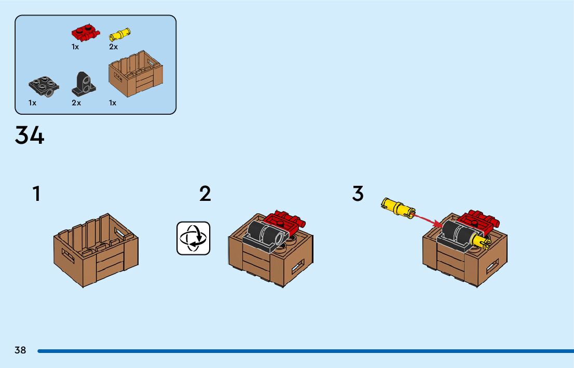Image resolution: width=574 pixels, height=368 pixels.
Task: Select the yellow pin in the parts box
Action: pos(120,35)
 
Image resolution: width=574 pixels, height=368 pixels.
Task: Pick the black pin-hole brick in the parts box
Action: pos(83,85)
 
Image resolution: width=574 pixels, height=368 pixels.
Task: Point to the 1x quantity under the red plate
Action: pos(75,47)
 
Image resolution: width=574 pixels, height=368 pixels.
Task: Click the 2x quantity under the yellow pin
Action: pos(113,47)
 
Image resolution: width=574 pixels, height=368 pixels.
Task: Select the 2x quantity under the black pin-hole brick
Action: pos(76,103)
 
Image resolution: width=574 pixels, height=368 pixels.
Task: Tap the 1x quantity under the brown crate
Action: pos(113,103)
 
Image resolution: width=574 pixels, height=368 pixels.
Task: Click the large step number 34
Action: pos(30,135)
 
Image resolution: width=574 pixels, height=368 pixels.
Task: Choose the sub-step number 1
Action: pos(36,194)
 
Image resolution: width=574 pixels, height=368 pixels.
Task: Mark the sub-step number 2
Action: pos(205,194)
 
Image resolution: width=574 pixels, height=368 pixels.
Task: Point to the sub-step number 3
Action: pos(358,194)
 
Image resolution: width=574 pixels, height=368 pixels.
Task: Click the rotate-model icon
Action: pos(194,238)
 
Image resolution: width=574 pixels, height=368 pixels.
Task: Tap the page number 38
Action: pos(20,350)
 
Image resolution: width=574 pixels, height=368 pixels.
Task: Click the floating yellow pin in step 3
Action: pos(398,207)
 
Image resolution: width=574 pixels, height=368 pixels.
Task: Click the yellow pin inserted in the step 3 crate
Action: pos(481,241)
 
